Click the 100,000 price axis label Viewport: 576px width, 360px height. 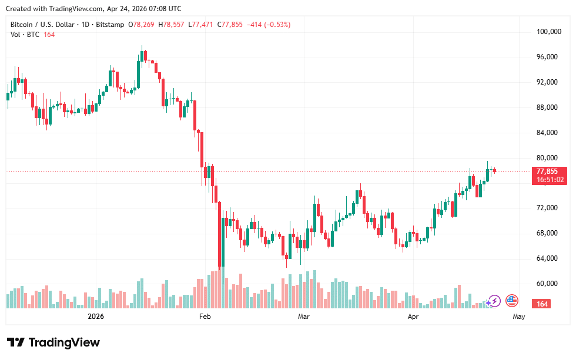550,32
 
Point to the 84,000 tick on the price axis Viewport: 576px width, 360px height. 550,133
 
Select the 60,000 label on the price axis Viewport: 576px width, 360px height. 550,284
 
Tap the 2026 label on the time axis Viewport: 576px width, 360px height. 95,317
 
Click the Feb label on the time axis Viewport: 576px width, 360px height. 205,317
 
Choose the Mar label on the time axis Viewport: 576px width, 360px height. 304,317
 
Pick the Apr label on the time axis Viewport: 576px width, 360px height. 413,317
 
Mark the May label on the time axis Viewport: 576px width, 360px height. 518,317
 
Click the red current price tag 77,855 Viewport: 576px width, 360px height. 550,171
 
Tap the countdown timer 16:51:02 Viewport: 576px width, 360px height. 550,180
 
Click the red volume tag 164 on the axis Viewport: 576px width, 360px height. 542,304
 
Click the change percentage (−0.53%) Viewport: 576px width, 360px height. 277,25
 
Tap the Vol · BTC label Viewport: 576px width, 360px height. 25,35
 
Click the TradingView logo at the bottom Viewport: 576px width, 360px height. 53,342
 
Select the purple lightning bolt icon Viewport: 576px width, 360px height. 494,301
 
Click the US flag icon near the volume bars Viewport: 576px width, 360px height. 512,301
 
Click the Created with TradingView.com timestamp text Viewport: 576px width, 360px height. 93,9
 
